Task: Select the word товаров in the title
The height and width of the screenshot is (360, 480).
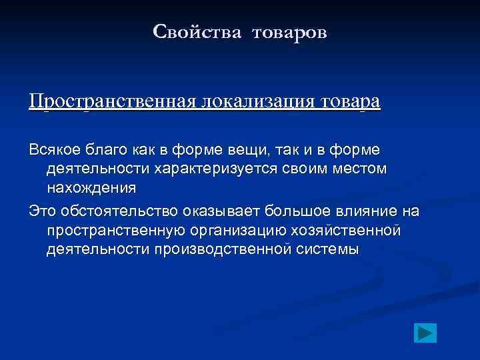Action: (290, 32)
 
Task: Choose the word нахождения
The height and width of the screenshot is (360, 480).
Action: (91, 188)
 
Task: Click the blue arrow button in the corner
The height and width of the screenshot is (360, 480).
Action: (424, 331)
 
